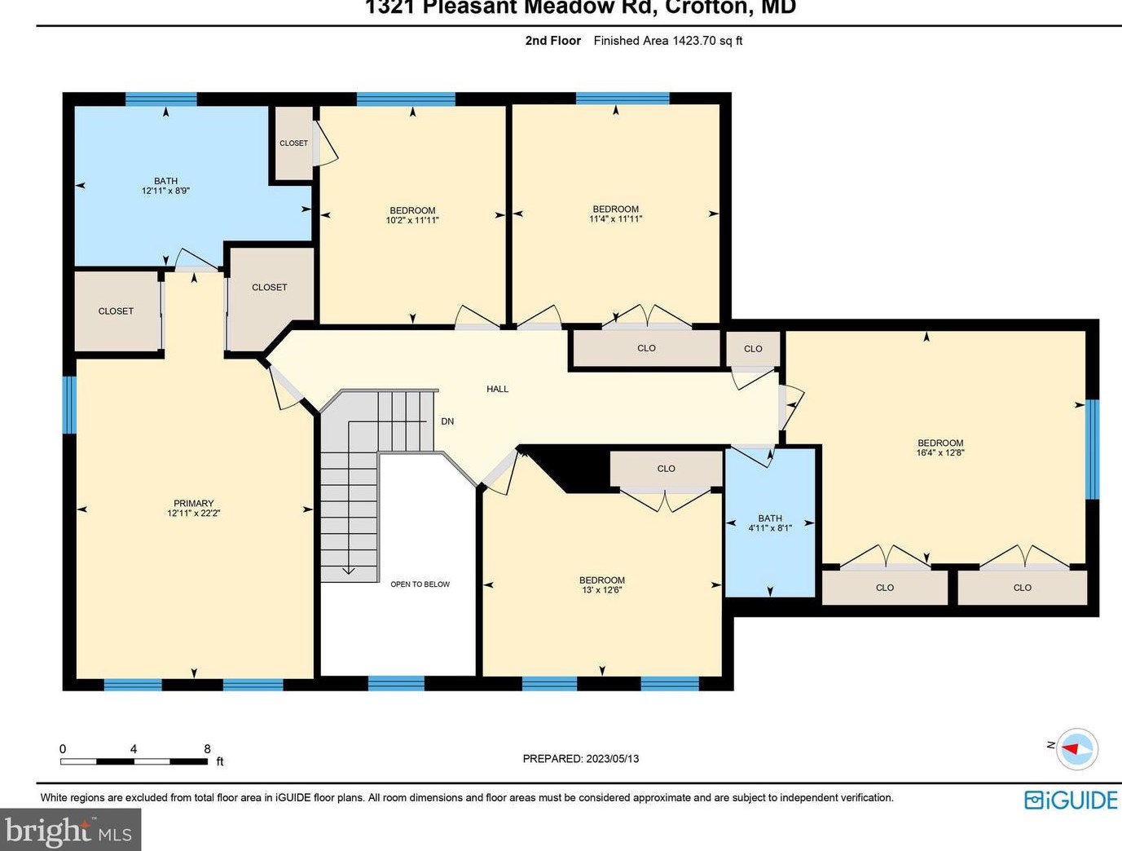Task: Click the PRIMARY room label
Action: (193, 503)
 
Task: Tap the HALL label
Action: (497, 389)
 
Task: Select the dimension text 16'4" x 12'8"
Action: (939, 453)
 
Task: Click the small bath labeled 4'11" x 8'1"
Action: (770, 523)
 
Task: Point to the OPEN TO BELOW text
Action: (420, 584)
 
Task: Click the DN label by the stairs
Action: (447, 421)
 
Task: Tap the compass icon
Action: (1076, 748)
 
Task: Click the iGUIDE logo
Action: (1071, 800)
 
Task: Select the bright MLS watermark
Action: (70, 831)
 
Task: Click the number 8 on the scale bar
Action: (207, 749)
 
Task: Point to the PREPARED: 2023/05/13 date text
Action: (580, 759)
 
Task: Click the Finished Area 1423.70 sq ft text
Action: (667, 41)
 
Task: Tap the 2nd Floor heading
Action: (552, 41)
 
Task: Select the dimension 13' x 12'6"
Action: (602, 590)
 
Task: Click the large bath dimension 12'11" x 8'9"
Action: (165, 191)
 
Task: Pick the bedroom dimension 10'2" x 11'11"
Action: (412, 220)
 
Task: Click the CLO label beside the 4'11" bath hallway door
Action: (753, 349)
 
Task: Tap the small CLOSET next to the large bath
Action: (293, 143)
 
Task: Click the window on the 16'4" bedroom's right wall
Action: (1092, 448)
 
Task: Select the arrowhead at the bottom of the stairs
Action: (348, 571)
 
